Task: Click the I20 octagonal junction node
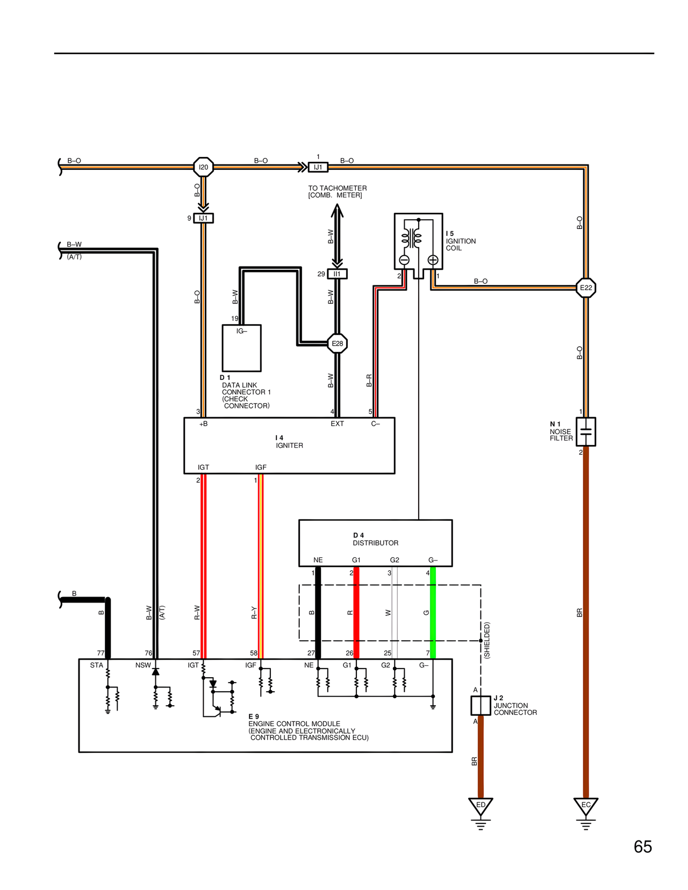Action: click(203, 167)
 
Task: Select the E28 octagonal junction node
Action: click(337, 343)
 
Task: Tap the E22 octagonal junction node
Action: click(586, 288)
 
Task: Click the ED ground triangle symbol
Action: click(481, 806)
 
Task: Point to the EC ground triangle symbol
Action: click(586, 806)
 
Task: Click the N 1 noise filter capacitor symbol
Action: click(586, 432)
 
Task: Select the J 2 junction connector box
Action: click(481, 705)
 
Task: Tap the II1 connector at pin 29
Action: click(337, 274)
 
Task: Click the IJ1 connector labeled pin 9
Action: click(203, 218)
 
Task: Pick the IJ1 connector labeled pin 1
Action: click(318, 167)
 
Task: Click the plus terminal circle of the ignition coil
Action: click(433, 260)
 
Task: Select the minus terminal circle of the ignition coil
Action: click(404, 260)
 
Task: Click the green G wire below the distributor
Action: click(433, 613)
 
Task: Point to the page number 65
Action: click(642, 847)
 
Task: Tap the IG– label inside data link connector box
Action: click(242, 331)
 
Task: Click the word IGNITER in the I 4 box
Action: click(289, 446)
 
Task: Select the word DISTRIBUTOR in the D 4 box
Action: click(375, 543)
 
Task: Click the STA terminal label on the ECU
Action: click(96, 665)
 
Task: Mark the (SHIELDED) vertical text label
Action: click(487, 640)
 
